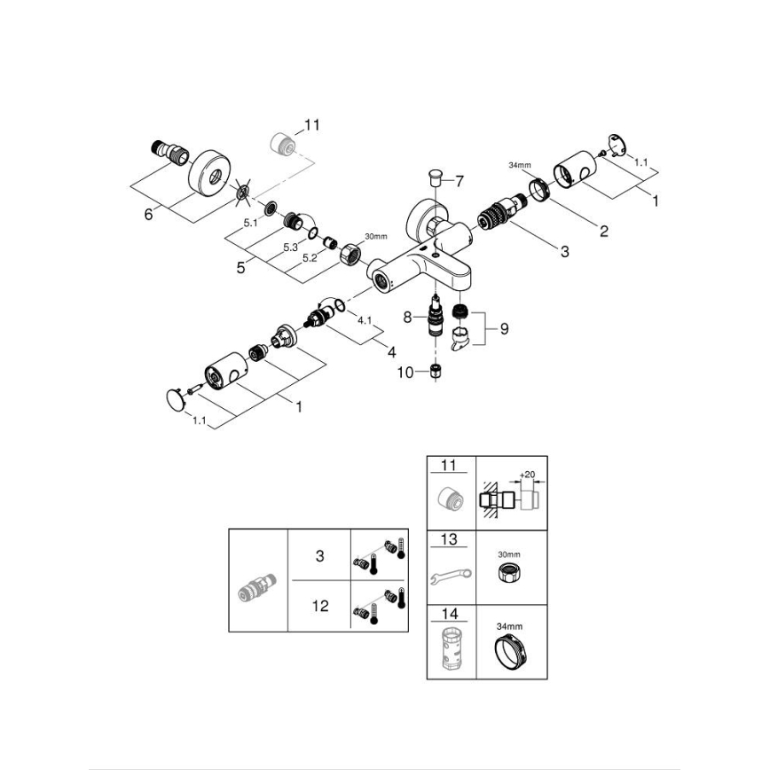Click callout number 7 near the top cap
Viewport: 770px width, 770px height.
[x=460, y=181]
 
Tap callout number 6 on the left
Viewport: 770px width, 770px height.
[x=148, y=214]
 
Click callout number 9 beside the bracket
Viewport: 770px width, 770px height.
[x=503, y=328]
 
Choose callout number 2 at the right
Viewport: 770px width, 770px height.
[x=603, y=232]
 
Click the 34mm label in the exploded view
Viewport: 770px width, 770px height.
[x=520, y=166]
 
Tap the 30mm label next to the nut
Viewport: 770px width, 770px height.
[x=376, y=236]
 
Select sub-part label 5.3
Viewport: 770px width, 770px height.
[x=289, y=248]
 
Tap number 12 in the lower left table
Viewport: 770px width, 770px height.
[x=320, y=606]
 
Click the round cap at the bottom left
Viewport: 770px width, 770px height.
[x=177, y=397]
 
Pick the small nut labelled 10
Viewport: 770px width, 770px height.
[x=436, y=371]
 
